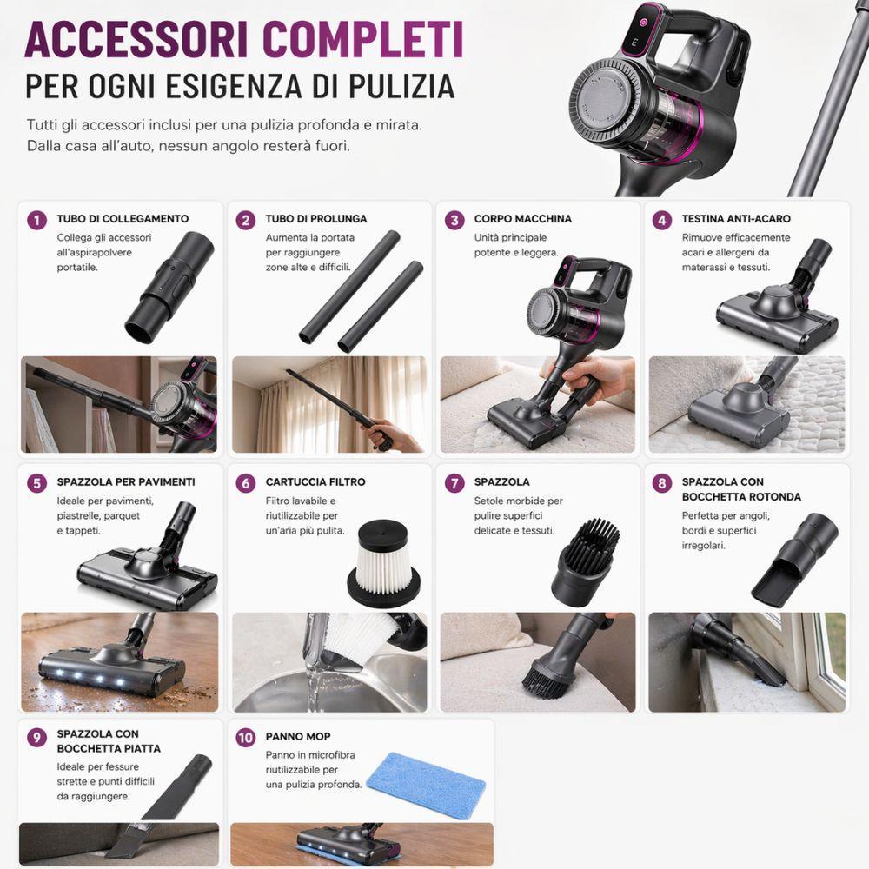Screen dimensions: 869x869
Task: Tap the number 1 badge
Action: click(x=36, y=220)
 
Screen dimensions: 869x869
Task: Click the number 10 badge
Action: click(x=246, y=738)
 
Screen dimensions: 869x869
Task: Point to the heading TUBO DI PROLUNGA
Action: click(x=316, y=219)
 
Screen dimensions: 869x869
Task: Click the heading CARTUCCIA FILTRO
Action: click(x=315, y=481)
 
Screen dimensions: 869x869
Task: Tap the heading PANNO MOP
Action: click(x=298, y=736)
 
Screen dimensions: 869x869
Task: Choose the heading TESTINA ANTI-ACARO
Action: click(x=736, y=219)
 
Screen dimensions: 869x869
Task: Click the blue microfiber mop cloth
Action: click(x=425, y=783)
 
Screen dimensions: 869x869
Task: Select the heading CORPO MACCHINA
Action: click(x=523, y=219)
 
